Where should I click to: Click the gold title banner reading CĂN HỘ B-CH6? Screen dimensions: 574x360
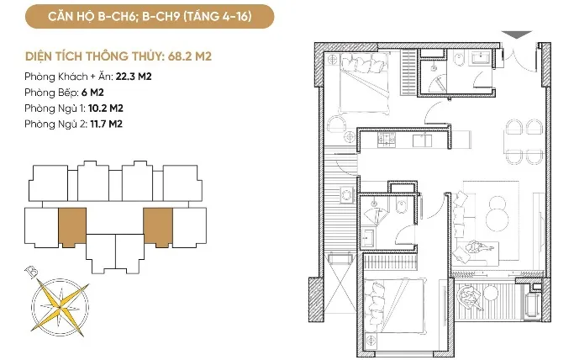click(x=150, y=17)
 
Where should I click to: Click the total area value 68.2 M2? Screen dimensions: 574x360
click(x=190, y=56)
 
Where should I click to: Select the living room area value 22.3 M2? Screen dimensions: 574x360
click(x=134, y=77)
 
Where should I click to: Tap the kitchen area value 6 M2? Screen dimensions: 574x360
click(x=92, y=93)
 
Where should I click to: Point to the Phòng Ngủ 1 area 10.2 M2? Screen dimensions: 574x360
click(x=106, y=109)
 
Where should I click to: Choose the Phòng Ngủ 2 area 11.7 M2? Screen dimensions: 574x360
click(x=107, y=124)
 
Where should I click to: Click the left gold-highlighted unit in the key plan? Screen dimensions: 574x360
click(x=72, y=227)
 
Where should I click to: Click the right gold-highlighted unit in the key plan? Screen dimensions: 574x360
click(x=158, y=227)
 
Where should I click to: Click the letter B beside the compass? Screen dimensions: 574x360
click(x=31, y=273)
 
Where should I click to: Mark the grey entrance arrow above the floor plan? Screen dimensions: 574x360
click(x=516, y=34)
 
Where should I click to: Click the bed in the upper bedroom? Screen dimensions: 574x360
click(x=364, y=83)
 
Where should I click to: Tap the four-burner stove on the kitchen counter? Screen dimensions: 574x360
click(x=387, y=140)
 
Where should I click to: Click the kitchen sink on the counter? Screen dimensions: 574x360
click(x=422, y=140)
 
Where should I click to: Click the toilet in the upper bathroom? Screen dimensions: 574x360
click(x=459, y=59)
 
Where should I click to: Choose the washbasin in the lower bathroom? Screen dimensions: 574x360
click(x=367, y=238)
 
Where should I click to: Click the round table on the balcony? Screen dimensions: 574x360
click(x=491, y=293)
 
